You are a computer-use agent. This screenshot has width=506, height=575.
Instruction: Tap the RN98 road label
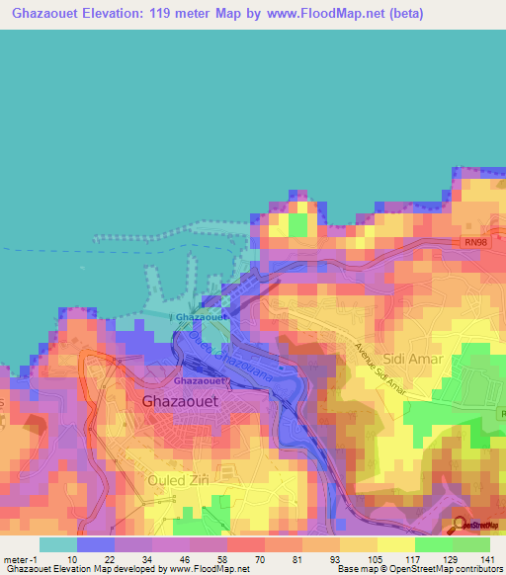[475, 242]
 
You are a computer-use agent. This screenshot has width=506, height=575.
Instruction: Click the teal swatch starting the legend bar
[58, 543]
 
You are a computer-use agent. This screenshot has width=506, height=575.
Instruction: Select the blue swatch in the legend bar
[96, 543]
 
